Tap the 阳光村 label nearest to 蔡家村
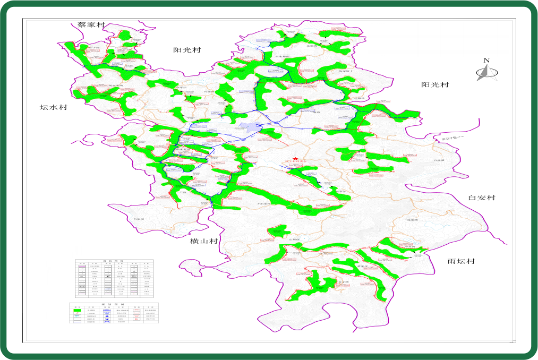187,50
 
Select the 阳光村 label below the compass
435,85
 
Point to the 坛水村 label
54,107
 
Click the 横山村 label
204,242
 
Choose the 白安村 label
481,198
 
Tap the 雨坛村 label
460,262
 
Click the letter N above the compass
486,60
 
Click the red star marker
295,159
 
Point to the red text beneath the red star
295,165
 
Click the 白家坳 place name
139,219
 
